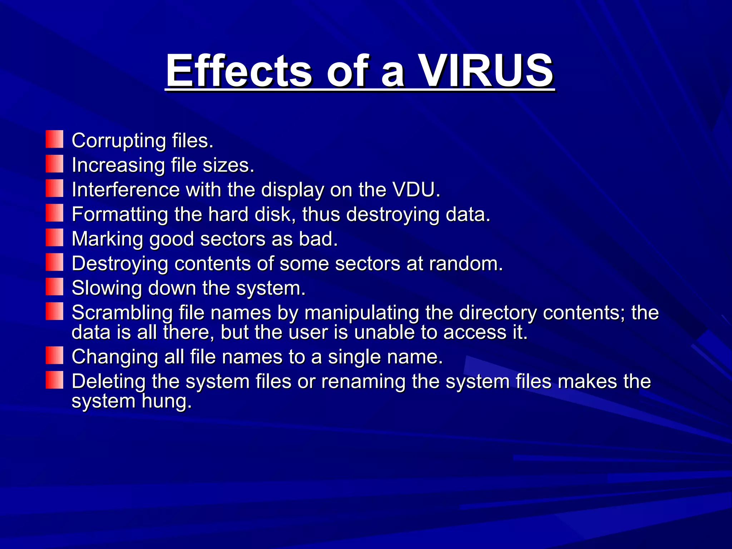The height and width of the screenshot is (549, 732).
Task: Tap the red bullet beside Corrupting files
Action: click(54, 139)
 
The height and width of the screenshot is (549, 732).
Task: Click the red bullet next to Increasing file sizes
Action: click(54, 164)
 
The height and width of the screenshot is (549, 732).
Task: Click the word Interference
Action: click(125, 189)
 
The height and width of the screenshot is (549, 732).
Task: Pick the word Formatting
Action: click(120, 215)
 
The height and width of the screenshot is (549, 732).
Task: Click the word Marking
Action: click(107, 239)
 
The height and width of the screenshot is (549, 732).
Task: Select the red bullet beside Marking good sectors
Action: click(54, 238)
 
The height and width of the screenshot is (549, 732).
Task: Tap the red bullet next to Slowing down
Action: click(54, 287)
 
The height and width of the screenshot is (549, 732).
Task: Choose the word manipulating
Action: click(362, 313)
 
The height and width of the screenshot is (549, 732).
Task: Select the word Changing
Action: click(114, 357)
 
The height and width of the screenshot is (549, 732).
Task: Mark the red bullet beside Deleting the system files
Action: click(54, 380)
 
